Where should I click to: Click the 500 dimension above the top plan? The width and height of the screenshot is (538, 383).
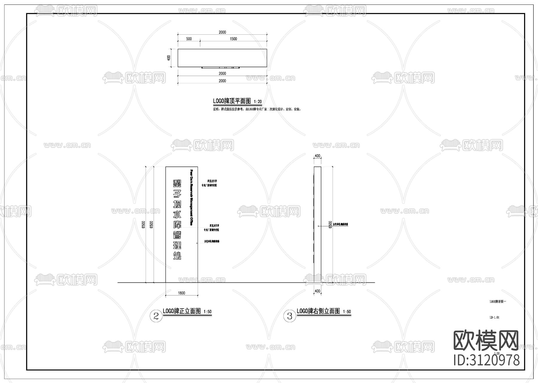[189, 39]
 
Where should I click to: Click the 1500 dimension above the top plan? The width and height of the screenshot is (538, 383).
[233, 39]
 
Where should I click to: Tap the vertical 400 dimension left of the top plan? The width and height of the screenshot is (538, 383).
[169, 57]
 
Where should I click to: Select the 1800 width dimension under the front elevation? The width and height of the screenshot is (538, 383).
[181, 293]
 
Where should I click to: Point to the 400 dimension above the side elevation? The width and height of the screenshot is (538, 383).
[317, 156]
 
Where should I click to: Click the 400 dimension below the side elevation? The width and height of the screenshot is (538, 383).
[317, 291]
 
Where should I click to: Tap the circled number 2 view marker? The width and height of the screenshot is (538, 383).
[156, 316]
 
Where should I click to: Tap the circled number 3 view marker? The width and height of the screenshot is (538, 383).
[289, 316]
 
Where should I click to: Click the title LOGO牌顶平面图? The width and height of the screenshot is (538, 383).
[232, 101]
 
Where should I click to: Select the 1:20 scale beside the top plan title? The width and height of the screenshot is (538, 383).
[258, 102]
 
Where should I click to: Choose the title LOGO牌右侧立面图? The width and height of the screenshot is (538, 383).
[318, 311]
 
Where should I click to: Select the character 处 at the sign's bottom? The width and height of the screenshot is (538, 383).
[177, 255]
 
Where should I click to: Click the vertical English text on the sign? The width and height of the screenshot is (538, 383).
[192, 197]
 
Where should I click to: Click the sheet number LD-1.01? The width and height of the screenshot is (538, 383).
[494, 317]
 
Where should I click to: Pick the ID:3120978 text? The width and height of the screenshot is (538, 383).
[487, 360]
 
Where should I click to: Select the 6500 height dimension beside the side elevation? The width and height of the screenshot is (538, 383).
[330, 225]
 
